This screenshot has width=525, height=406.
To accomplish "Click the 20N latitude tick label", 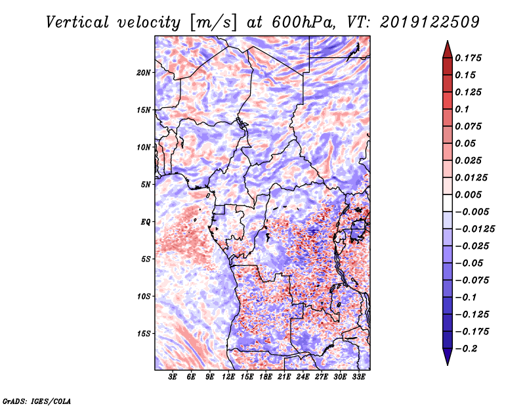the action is click(144, 73).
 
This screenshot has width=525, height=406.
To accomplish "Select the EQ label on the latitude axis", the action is click(145, 222).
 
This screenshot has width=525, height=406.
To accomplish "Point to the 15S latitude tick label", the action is click(144, 334).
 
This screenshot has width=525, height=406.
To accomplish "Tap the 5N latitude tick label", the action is click(146, 185).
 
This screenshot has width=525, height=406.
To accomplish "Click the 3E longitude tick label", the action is click(173, 377).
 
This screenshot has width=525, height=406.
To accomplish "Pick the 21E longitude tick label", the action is click(284, 377).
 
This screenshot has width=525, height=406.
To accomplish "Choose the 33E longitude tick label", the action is click(358, 377).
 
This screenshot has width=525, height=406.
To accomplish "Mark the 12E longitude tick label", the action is click(228, 377).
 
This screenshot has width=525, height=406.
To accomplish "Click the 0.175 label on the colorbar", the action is click(468, 58).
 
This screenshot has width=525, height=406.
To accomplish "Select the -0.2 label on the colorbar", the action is click(466, 349).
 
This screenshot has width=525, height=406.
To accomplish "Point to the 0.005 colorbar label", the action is click(468, 194).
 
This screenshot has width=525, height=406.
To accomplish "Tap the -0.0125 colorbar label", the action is click(474, 229).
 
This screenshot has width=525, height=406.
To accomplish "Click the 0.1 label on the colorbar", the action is click(462, 109).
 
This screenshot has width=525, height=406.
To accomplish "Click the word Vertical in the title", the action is click(77, 22).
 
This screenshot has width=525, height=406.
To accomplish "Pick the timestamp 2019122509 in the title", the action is click(430, 22).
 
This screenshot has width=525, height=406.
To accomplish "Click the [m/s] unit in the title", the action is click(214, 23).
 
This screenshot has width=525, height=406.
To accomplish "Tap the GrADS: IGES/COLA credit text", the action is click(37, 401).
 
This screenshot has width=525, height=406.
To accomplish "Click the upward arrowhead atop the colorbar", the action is click(448, 49).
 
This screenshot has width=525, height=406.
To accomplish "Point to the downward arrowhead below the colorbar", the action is click(448, 357).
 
